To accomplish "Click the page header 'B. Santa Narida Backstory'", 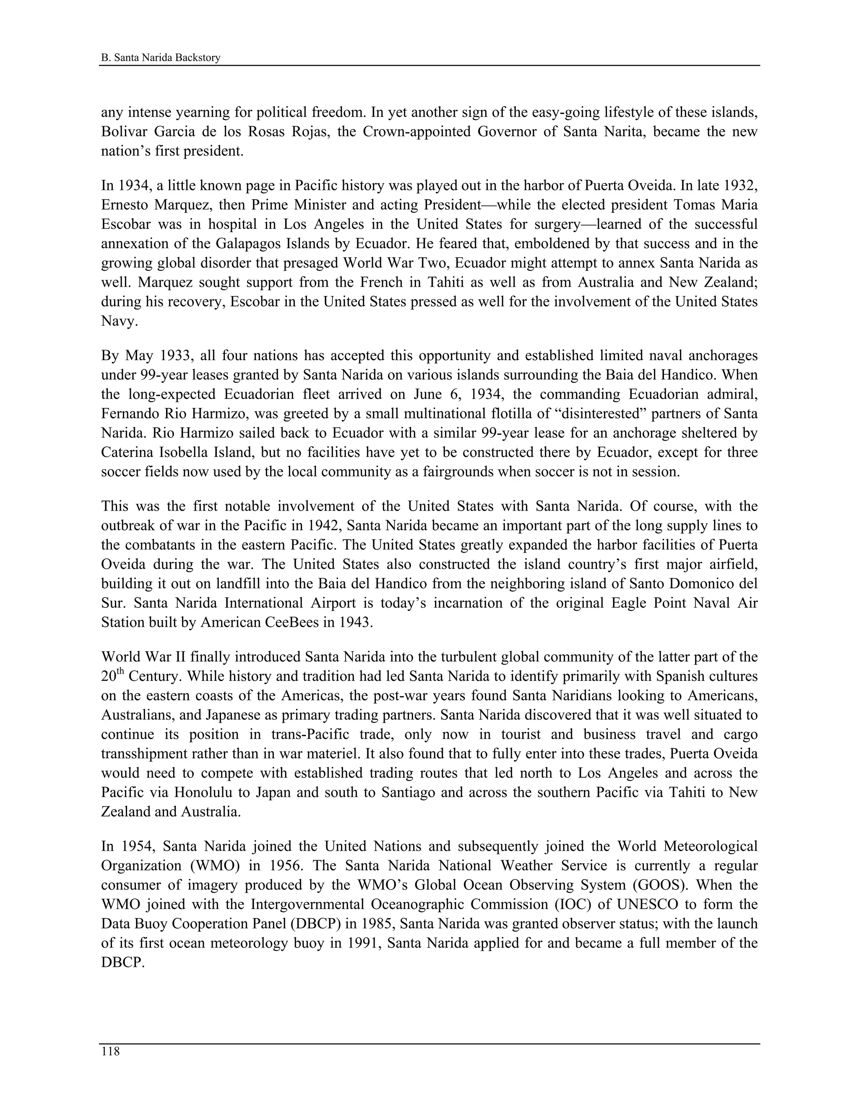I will (x=161, y=57).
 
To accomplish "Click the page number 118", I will (x=110, y=1051).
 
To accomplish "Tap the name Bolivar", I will (x=125, y=132).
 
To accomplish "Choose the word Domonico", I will (x=696, y=584).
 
